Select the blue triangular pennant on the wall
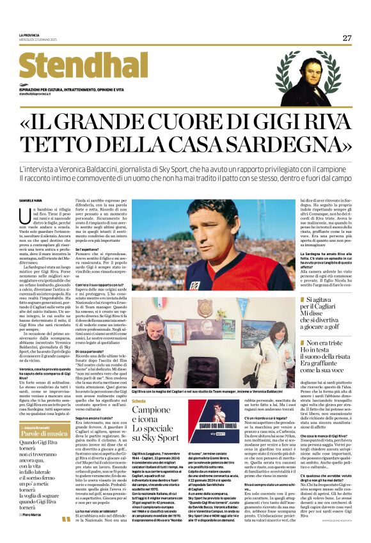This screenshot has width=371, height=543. pos(242,306)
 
